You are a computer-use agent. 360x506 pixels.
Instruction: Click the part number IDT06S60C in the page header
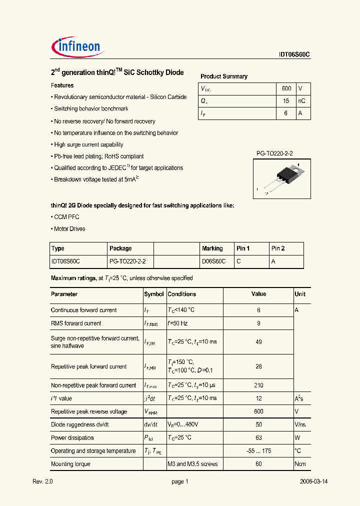point(294,55)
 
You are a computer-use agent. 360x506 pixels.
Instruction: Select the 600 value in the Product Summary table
point(286,88)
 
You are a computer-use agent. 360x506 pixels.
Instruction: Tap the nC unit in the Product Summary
point(301,101)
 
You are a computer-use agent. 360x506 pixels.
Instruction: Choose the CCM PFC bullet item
point(65,217)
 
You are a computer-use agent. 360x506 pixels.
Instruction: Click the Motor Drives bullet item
point(68,229)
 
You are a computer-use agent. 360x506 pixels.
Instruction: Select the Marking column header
point(212,248)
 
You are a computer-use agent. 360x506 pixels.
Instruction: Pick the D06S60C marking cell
point(213,261)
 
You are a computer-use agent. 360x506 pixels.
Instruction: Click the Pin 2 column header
point(278,248)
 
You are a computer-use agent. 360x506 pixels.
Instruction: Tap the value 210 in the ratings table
point(258,385)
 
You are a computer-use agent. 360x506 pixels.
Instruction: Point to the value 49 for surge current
point(258,342)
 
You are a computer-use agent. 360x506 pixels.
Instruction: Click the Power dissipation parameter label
point(72,438)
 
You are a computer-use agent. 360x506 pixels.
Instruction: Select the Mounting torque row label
point(70,464)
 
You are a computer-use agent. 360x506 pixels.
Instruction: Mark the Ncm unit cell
point(300,464)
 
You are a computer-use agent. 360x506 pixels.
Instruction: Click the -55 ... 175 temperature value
point(258,451)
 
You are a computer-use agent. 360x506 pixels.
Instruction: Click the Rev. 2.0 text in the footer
point(42,481)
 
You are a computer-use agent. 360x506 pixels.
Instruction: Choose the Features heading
point(62,85)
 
